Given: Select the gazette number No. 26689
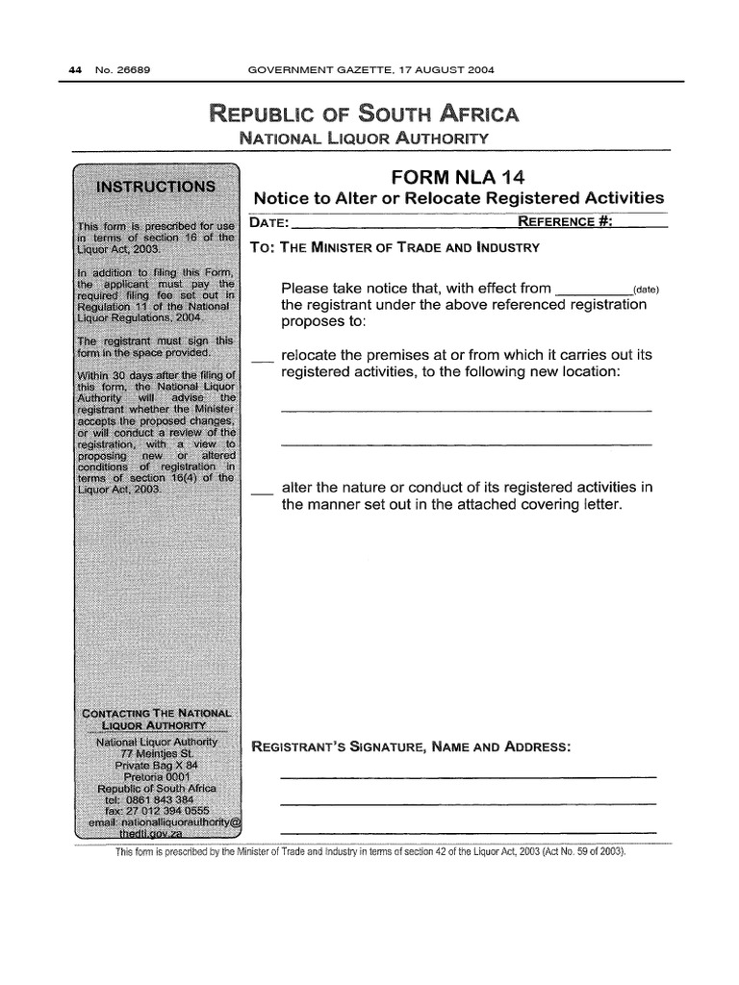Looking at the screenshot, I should [114, 70].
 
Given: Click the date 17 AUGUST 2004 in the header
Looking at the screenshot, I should [442, 70].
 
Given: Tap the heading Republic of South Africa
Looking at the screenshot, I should [364, 115].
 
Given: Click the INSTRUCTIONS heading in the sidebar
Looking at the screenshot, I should [159, 186].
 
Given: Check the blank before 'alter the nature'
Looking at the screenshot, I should [262, 492].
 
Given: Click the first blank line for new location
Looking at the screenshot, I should [466, 411].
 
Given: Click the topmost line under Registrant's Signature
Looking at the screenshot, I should [468, 776].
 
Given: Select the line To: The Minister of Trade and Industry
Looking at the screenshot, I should [395, 247].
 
